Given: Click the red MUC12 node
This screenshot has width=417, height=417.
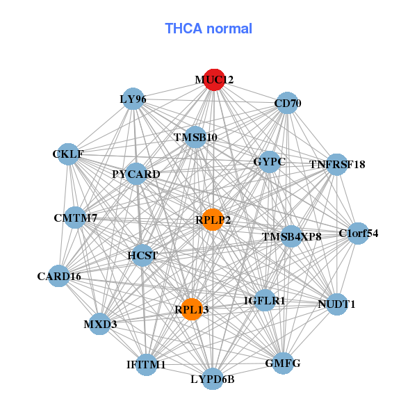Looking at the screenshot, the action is tap(214, 79).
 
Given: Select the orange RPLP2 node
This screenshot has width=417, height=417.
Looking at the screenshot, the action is tap(213, 220).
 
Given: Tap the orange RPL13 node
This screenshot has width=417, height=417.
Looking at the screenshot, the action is tap(192, 309).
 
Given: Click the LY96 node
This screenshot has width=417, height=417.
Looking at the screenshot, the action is tap(133, 99).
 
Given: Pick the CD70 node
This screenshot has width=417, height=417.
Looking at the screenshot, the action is tap(287, 103).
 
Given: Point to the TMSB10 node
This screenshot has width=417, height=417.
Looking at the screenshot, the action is tap(195, 137).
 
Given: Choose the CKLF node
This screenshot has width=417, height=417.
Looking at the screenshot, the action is tap(68, 154).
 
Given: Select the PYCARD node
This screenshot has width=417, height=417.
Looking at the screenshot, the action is tap(136, 174).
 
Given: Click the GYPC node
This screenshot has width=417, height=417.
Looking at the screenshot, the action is tap(270, 162).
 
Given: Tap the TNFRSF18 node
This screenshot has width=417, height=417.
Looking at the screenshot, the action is tap(337, 164).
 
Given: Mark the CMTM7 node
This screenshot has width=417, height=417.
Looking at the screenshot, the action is tap(76, 218).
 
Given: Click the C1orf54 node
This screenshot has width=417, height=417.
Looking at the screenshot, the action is tap(358, 234).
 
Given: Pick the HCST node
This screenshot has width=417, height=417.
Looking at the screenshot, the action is tap(142, 255).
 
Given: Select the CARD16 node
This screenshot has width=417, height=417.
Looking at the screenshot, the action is tap(59, 276).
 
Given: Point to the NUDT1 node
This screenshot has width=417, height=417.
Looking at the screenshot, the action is tap(336, 304).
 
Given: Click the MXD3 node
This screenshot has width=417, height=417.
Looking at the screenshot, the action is tap(99, 324).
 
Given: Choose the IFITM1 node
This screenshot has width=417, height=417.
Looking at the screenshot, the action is tap(146, 364).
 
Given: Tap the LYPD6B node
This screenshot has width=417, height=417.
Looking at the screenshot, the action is tap(213, 379).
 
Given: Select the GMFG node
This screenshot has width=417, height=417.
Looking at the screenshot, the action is tap(283, 363).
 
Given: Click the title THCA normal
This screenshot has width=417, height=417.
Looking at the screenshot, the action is tap(208, 28).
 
